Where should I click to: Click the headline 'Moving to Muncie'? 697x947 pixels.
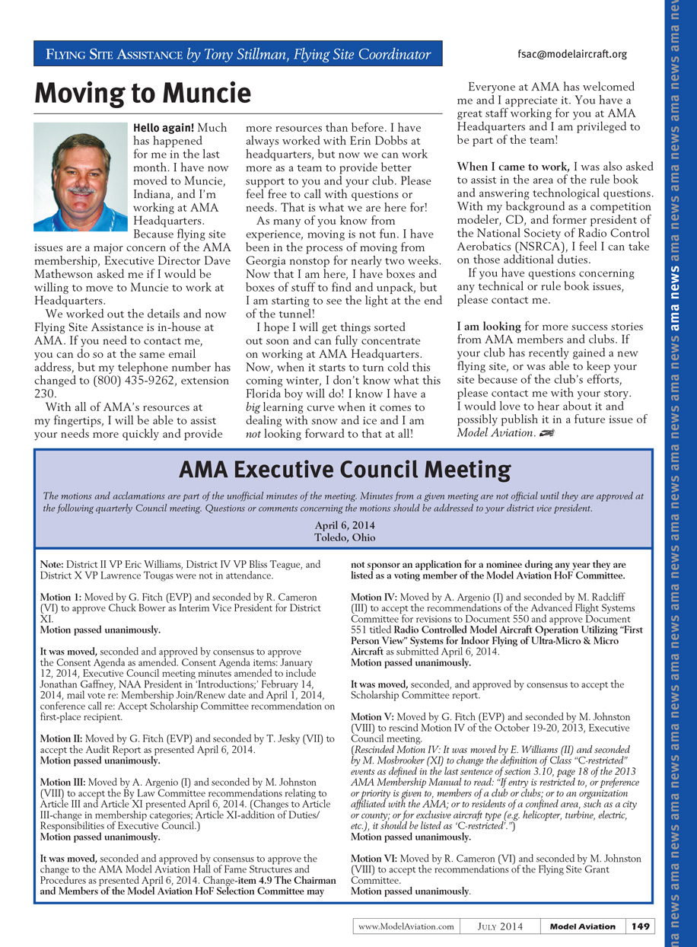pos(143,94)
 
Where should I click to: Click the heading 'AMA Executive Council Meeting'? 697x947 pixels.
pos(345,469)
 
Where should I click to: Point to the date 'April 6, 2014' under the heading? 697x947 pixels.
pos(345,525)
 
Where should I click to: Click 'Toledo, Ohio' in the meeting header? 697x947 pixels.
pos(345,537)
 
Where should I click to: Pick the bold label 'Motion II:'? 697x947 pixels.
pos(62,739)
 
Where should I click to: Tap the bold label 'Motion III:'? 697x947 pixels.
pos(63,782)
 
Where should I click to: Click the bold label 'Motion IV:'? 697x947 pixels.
pos(374,598)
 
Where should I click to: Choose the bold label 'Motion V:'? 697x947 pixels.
pos(373,716)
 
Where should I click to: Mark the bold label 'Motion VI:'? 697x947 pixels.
pos(374,859)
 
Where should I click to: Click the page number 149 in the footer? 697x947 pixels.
pos(640,926)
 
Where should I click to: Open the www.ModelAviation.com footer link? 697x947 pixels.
pos(406,926)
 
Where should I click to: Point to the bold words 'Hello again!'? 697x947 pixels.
pos(164,128)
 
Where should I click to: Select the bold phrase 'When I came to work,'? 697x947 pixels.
pos(513,166)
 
